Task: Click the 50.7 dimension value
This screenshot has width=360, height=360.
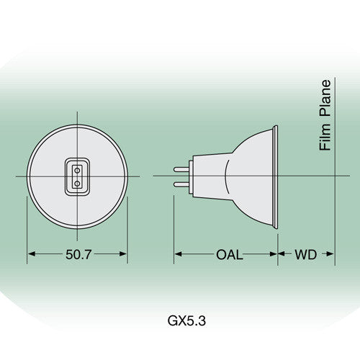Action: tap(78, 254)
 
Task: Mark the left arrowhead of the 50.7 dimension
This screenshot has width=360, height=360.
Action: tap(32, 254)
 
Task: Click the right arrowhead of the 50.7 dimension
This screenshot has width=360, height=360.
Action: tap(123, 254)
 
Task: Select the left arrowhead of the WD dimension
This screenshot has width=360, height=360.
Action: tap(282, 254)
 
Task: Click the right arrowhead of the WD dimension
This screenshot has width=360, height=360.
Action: tap(330, 254)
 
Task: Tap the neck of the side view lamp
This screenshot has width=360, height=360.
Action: tap(199, 176)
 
